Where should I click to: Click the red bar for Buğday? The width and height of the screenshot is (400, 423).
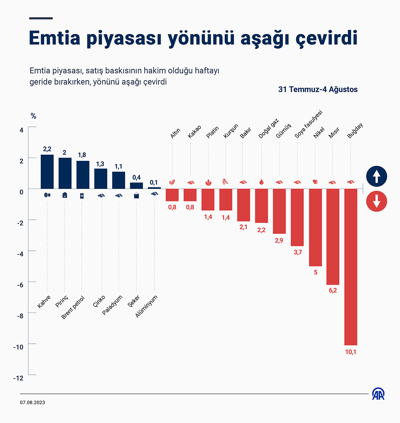pos(351,267)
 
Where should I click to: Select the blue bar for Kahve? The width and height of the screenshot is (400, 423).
pos(47,171)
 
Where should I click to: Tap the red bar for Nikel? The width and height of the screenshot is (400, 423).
pos(315,227)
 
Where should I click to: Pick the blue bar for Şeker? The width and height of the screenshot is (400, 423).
pos(136,185)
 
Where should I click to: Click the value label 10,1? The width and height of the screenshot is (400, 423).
pos(351,352)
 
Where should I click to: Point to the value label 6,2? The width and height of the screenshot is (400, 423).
pos(333,290)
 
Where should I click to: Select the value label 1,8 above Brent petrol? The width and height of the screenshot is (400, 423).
pos(82,155)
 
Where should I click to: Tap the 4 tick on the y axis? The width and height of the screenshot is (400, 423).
pos(21,130)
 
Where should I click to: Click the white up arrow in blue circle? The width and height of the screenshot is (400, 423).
pos(376,176)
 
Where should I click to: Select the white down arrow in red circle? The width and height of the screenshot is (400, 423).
pos(376,201)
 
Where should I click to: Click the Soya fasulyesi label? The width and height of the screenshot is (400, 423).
pos(308,124)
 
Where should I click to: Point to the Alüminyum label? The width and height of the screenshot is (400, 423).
pos(146,306)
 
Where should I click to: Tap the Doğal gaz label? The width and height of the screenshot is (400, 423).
pos(269,129)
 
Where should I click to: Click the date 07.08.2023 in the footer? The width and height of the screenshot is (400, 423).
pos(32,402)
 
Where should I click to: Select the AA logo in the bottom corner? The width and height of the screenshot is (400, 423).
pos(378,394)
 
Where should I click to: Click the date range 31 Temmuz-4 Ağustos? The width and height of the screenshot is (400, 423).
pos(318,89)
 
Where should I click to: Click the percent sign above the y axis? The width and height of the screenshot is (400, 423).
pos(34,116)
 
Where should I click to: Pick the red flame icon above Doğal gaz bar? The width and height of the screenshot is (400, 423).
pos(261,182)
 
